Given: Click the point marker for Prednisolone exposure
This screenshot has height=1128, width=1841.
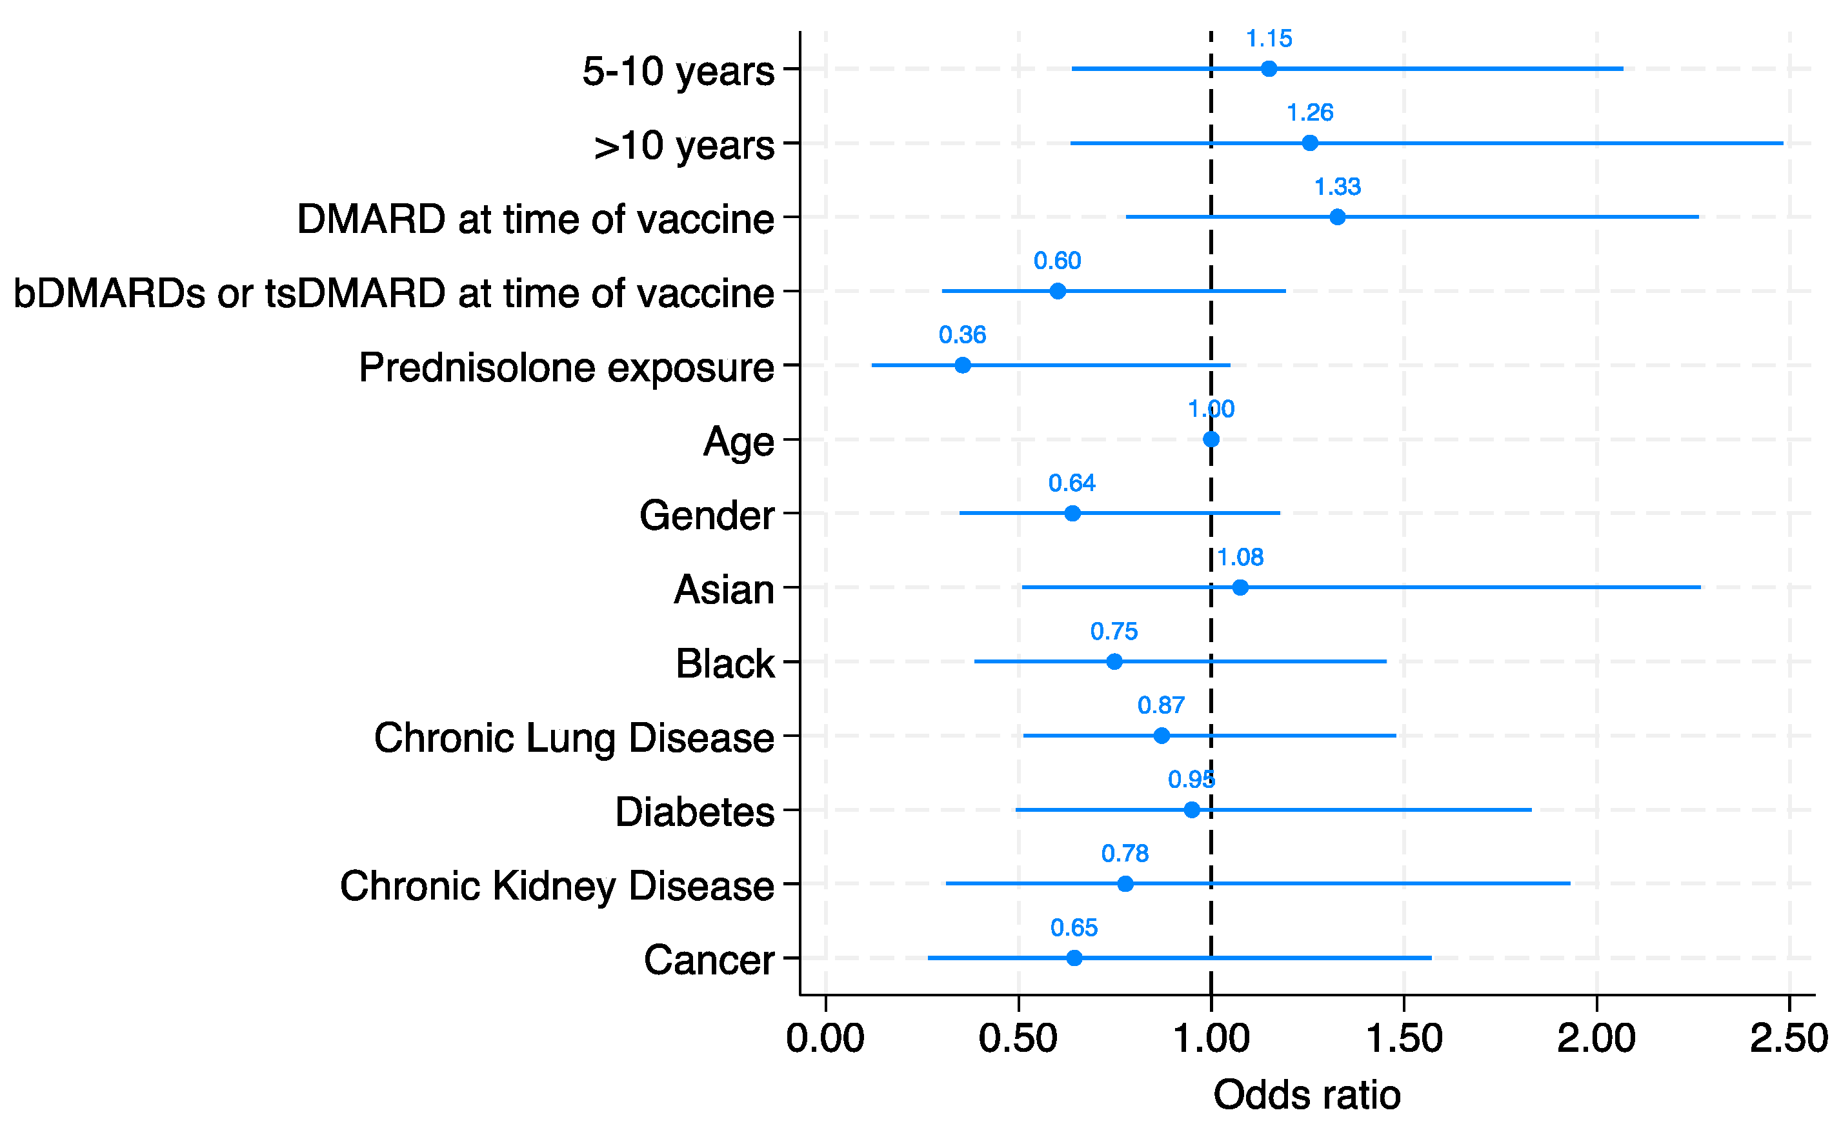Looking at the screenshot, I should pyautogui.click(x=962, y=365).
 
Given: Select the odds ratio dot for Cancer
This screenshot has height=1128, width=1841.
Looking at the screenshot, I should pyautogui.click(x=1074, y=958).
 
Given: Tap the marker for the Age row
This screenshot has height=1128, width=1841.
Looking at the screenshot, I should pyautogui.click(x=1211, y=439).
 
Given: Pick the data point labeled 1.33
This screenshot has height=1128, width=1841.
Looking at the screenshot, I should pyautogui.click(x=1338, y=217).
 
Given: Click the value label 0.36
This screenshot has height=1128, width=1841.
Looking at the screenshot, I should pyautogui.click(x=962, y=335).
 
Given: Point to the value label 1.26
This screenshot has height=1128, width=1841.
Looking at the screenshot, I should pyautogui.click(x=1310, y=113).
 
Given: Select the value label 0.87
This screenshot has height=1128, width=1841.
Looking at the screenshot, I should pyautogui.click(x=1161, y=705).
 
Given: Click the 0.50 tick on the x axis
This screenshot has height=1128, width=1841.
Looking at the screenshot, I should pyautogui.click(x=1018, y=1038).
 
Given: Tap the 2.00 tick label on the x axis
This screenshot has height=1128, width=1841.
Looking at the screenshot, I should pyautogui.click(x=1596, y=1038).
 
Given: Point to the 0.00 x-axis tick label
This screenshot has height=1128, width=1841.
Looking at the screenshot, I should pyautogui.click(x=825, y=1038).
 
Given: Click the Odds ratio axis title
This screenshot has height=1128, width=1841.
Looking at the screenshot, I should pyautogui.click(x=1307, y=1095).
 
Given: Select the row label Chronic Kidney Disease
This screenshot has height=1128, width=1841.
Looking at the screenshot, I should pyautogui.click(x=557, y=886).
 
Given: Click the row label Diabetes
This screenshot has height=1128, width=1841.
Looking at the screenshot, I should pyautogui.click(x=694, y=812).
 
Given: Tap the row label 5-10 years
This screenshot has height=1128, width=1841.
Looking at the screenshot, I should pyautogui.click(x=678, y=72).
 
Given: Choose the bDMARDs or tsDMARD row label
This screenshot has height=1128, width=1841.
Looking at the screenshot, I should pyautogui.click(x=394, y=293).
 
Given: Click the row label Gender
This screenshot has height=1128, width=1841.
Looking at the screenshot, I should pyautogui.click(x=706, y=516).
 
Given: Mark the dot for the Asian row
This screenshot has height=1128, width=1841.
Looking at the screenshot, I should pyautogui.click(x=1240, y=587).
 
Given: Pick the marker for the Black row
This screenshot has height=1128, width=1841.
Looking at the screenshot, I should pyautogui.click(x=1114, y=661).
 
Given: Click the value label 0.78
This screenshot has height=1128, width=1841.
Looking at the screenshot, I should pyautogui.click(x=1125, y=853).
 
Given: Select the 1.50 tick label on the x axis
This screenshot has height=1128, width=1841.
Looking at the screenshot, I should pyautogui.click(x=1404, y=1038).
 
